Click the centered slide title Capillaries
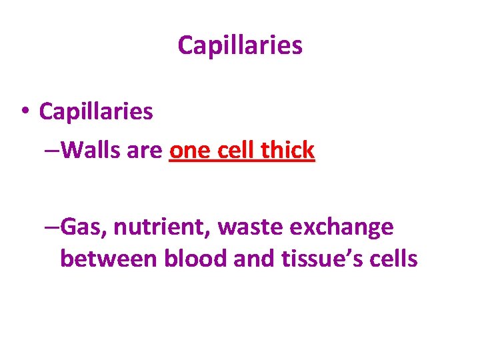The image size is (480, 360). point(240,45)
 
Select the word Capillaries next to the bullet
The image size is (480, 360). point(96,111)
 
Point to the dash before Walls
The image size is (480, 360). point(53,151)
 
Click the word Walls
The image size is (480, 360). point(92,151)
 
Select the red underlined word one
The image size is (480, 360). point(190,151)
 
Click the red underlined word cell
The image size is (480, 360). point(235,151)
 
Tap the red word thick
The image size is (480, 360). point(287,151)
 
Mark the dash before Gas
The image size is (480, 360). point(53,227)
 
